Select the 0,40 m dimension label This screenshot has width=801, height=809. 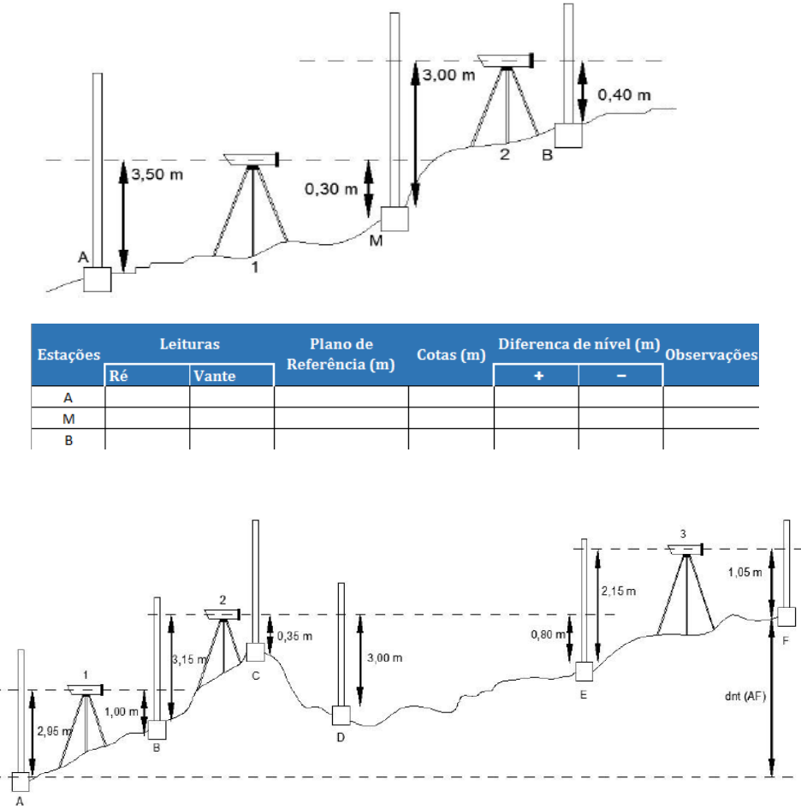[623, 94]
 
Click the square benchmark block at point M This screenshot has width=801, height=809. [395, 218]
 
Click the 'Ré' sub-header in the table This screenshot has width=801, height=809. [119, 375]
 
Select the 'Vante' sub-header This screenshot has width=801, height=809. [214, 375]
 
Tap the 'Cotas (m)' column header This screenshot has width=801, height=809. [451, 354]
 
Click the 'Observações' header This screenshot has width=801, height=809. [711, 354]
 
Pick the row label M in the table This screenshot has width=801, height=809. [68, 418]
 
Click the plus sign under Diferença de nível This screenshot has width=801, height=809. [537, 375]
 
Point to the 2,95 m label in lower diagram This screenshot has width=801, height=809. [53, 731]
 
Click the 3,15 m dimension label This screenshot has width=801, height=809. [188, 659]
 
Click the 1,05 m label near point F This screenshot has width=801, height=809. [745, 572]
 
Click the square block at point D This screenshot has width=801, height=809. [342, 715]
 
